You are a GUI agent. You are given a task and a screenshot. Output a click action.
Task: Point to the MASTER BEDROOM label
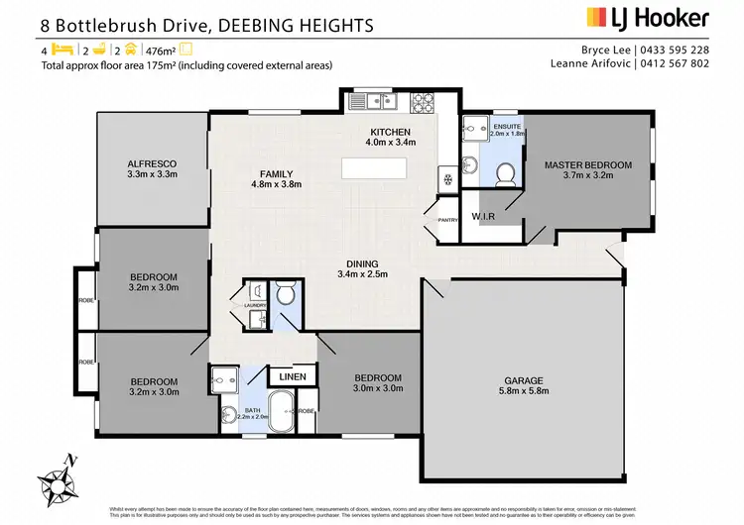point(587,164)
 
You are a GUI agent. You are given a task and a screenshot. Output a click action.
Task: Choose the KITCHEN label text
point(390,132)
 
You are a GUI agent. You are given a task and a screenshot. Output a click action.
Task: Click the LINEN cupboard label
point(292,377)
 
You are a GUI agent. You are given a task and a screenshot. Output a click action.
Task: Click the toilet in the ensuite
point(505,173)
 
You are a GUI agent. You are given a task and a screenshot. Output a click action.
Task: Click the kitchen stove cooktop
point(423,100)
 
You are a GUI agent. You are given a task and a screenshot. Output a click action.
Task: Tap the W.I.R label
point(484,215)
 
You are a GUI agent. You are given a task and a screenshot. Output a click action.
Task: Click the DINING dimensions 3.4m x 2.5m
point(360,274)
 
